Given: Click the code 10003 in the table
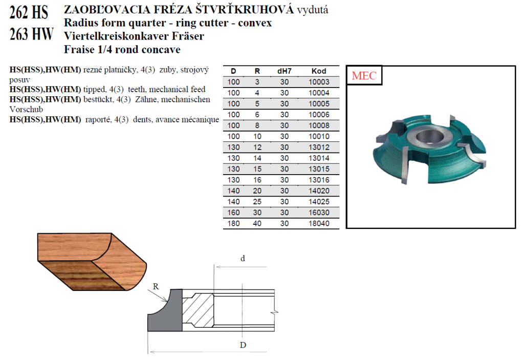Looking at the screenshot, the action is [319, 82].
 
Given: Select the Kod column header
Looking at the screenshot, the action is [319, 71].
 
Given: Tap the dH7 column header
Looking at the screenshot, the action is [285, 71].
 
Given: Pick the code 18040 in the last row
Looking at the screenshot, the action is [319, 223].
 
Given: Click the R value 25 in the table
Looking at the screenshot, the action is [257, 202].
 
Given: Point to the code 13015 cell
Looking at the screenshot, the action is [319, 169].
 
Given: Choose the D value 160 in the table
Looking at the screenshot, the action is [233, 213].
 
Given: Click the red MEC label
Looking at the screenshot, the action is [364, 76].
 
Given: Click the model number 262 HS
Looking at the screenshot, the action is [29, 12].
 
